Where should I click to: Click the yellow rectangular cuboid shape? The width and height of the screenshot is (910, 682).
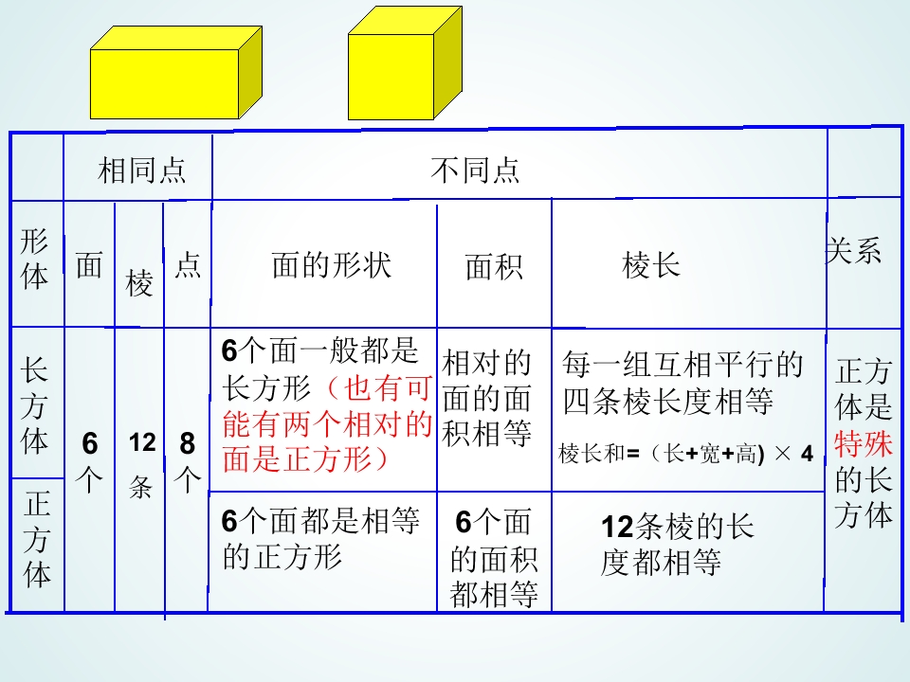[176, 73]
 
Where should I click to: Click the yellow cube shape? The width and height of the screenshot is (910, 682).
[405, 63]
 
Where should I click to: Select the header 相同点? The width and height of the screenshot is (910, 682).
[141, 170]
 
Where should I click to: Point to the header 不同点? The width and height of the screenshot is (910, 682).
[475, 170]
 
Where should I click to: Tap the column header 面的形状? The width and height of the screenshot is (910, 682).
[332, 265]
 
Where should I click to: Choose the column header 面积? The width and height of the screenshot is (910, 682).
[494, 267]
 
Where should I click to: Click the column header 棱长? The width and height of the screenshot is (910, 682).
[650, 265]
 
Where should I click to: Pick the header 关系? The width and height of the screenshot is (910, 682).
[853, 251]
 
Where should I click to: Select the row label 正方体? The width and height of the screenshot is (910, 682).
[37, 539]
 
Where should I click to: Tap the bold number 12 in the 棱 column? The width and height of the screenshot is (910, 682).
[142, 442]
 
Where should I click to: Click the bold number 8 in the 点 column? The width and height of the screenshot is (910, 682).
[187, 443]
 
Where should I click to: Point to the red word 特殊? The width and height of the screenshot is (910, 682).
[863, 443]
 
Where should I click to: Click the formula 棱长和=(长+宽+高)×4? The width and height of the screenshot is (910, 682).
[685, 454]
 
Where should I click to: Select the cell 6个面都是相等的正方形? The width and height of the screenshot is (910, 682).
[320, 539]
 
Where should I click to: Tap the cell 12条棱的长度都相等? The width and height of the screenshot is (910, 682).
[677, 545]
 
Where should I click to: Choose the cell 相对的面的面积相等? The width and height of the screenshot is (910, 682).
[486, 399]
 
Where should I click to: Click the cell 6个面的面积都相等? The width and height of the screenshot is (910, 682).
[494, 558]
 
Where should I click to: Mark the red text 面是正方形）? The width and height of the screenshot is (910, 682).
[305, 458]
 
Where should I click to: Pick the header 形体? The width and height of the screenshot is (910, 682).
[34, 259]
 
